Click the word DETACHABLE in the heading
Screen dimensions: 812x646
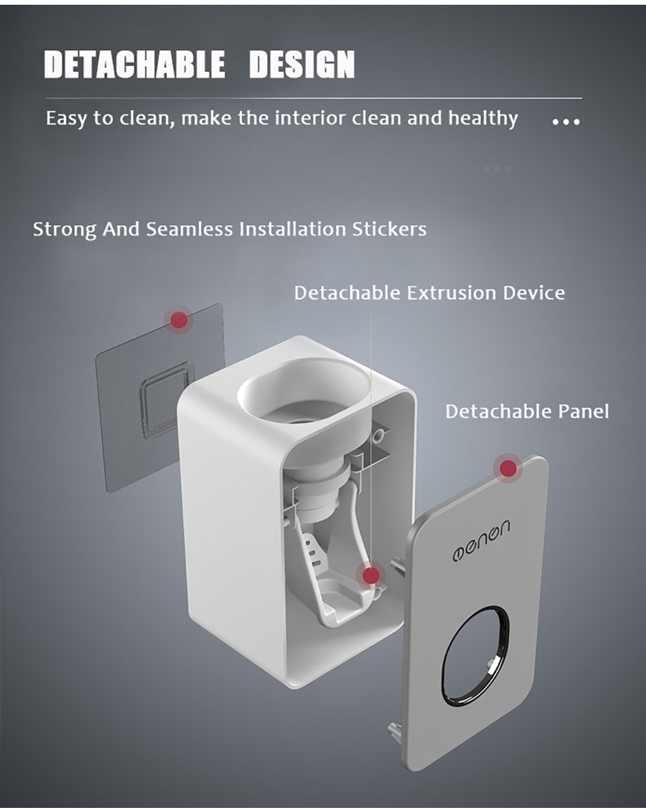pyautogui.click(x=135, y=65)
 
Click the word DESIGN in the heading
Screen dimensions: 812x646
pyautogui.click(x=302, y=65)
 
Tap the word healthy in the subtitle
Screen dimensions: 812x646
pyautogui.click(x=483, y=118)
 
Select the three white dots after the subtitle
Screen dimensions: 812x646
pyautogui.click(x=566, y=122)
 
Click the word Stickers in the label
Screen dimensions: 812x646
pyautogui.click(x=389, y=229)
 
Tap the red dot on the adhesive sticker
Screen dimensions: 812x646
pyautogui.click(x=179, y=319)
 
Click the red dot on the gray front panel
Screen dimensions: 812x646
pyautogui.click(x=507, y=468)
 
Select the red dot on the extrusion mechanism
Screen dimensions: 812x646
pyautogui.click(x=371, y=576)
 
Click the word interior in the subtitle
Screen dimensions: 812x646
pyautogui.click(x=311, y=118)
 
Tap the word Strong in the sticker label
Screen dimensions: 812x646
pyautogui.click(x=65, y=229)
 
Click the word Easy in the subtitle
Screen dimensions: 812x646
pyautogui.click(x=66, y=119)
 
